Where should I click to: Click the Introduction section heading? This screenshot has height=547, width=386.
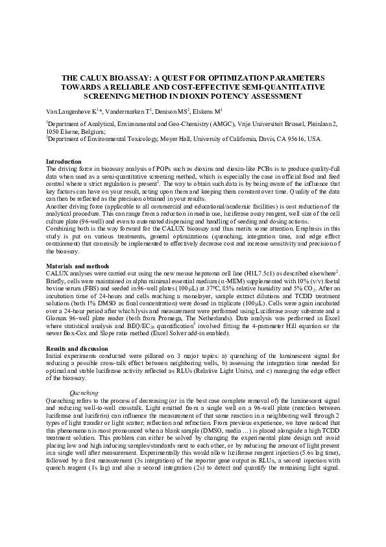(64, 161)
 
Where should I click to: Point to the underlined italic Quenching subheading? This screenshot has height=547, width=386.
(84, 393)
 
